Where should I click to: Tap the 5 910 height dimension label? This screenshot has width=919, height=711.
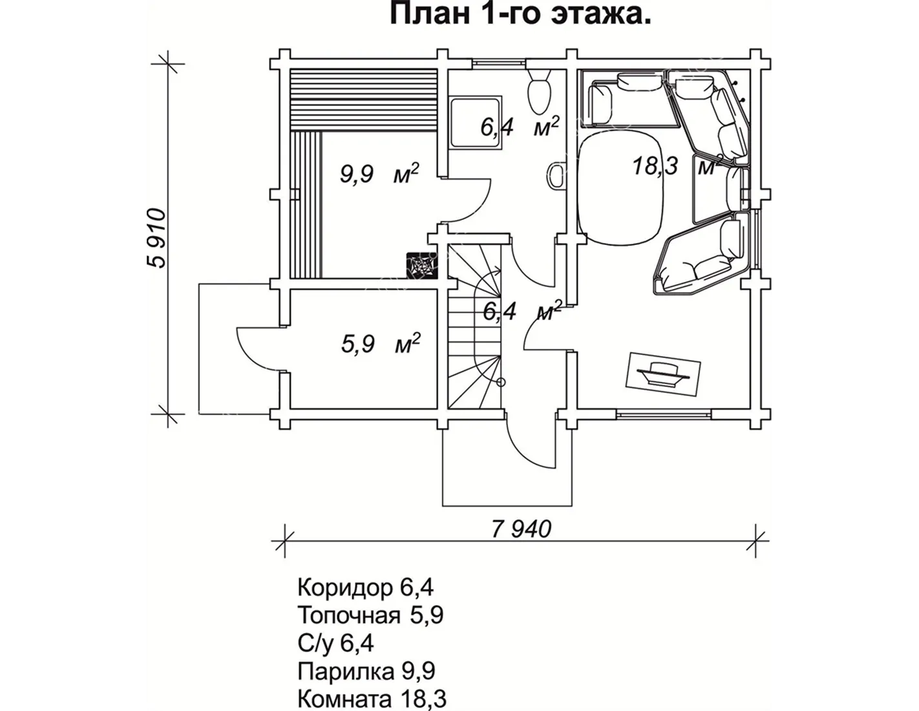(x=157, y=238)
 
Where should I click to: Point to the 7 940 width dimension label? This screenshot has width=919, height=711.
(x=522, y=529)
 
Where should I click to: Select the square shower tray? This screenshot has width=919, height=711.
(x=476, y=123)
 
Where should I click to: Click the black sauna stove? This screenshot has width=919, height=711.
(x=421, y=265)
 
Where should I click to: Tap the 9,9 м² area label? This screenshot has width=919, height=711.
(x=379, y=173)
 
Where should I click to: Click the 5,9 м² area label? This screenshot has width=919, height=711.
(x=381, y=343)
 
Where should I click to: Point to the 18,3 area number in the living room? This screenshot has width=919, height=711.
(x=655, y=165)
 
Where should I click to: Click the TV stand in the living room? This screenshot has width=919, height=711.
(x=662, y=374)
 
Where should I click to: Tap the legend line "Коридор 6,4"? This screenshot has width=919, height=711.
(x=365, y=588)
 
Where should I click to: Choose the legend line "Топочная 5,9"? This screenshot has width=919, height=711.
(x=370, y=615)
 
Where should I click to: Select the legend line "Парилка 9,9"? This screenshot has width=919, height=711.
(x=366, y=671)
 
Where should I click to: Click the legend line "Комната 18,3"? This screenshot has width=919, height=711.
(x=372, y=699)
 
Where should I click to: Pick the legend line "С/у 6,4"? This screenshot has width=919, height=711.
(x=335, y=643)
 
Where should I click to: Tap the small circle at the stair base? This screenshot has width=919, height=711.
(x=501, y=383)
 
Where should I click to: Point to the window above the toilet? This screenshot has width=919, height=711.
(x=499, y=63)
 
